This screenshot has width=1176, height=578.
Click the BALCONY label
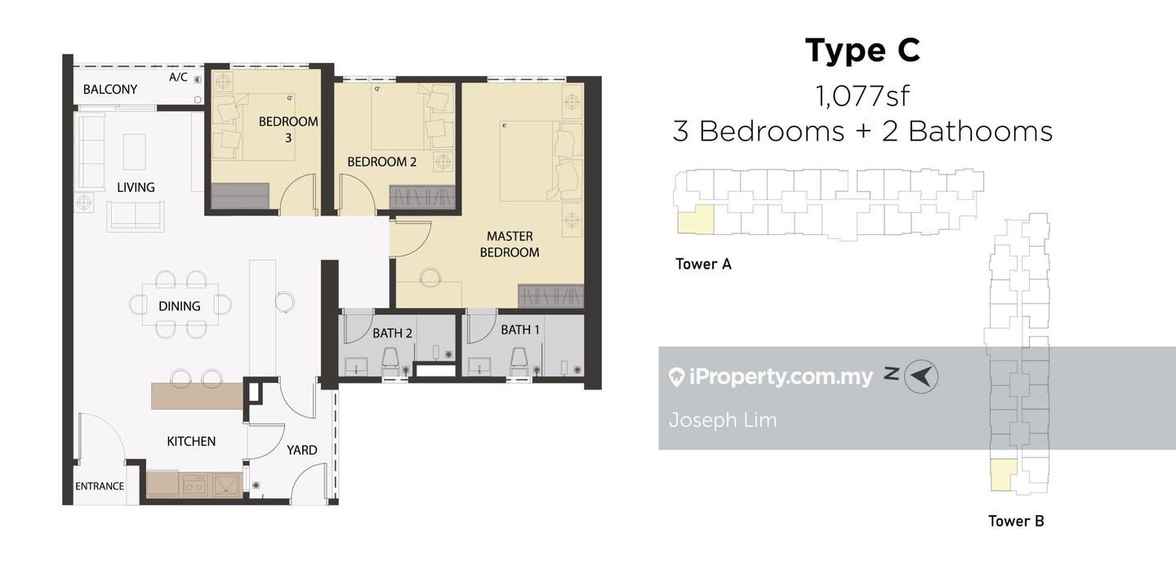109,89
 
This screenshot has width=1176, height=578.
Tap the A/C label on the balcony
178,78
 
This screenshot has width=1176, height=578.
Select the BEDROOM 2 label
381,162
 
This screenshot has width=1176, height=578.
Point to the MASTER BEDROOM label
510,244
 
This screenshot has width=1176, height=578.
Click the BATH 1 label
519,330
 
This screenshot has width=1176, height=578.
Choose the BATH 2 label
392,333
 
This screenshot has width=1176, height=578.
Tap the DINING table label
180,306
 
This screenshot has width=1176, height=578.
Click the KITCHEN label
191,441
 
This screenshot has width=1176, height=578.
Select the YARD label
302,450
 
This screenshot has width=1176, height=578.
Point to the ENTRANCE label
100,486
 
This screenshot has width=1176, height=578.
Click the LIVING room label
136,188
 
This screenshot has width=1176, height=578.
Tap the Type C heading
862,51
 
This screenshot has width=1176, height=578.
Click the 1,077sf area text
862,96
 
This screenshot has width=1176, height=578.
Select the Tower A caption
703,264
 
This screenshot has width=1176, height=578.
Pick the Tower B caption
1016,521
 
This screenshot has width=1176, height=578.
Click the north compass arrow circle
921,376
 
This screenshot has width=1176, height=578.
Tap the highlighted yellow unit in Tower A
696,220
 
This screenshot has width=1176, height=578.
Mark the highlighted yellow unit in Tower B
1003,475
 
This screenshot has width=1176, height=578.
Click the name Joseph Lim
723,420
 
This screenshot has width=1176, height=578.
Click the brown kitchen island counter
197,396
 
